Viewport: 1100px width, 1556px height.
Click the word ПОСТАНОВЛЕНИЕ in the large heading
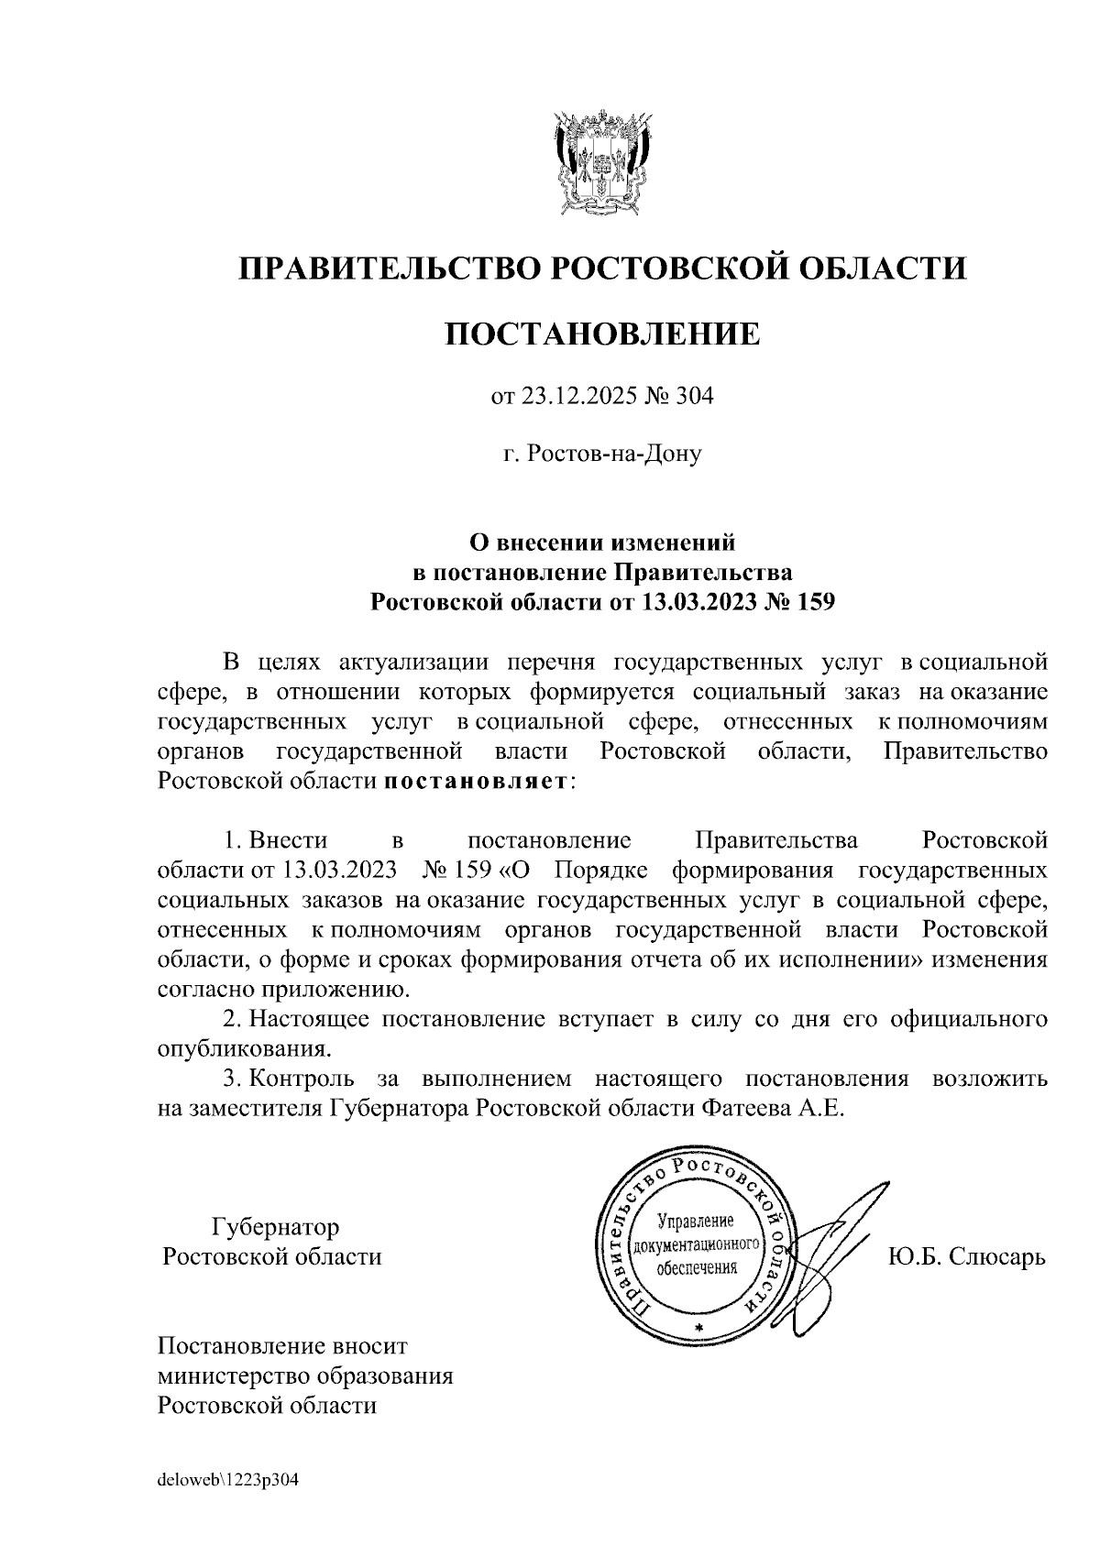point(602,334)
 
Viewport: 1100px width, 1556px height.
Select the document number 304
point(695,397)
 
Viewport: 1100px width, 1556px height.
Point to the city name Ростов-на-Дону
point(613,454)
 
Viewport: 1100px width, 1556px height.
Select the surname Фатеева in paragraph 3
point(745,1108)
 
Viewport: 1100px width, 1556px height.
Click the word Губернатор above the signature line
point(275,1226)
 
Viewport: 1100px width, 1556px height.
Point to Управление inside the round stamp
point(698,1222)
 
